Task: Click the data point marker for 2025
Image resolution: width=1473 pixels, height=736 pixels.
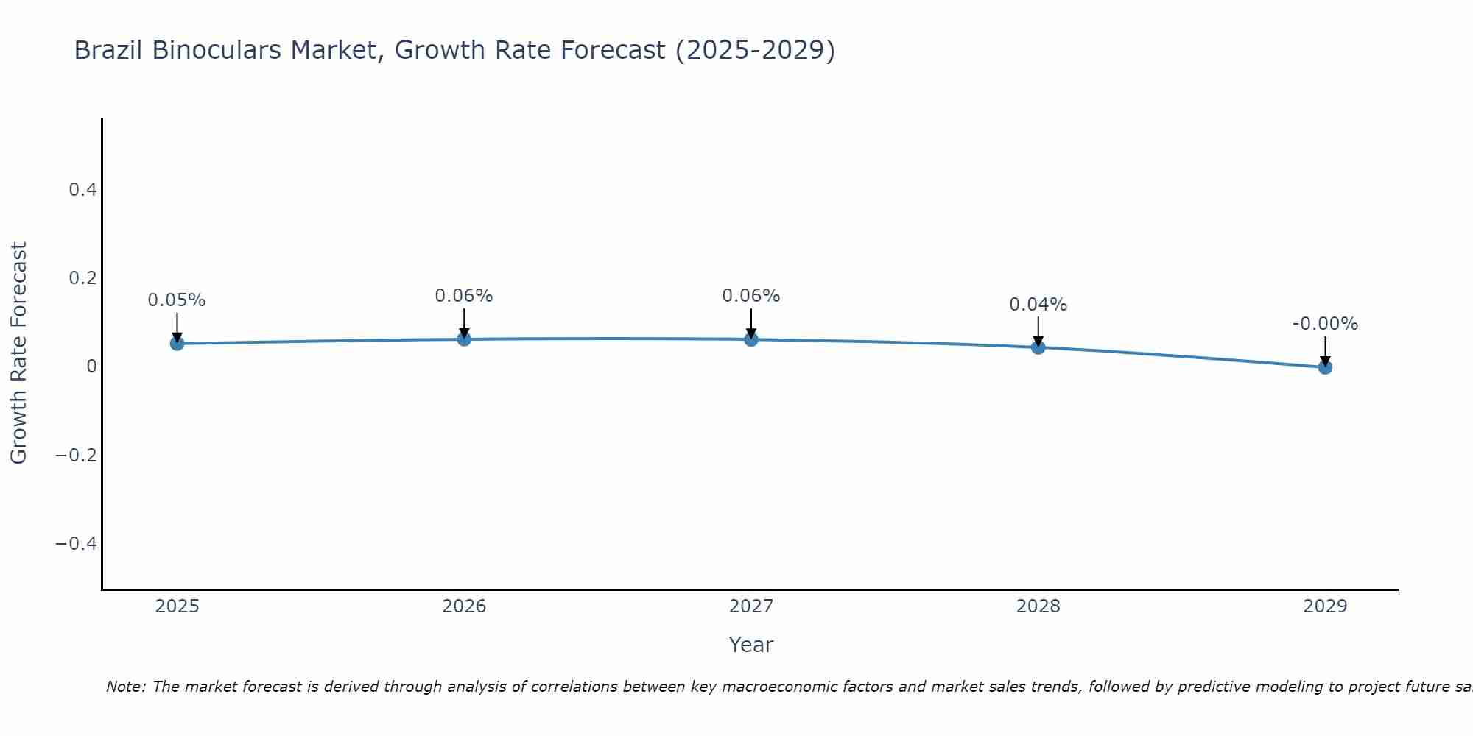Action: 177,343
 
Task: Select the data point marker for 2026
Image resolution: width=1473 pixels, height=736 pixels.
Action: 464,339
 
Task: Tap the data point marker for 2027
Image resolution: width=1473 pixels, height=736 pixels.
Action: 751,339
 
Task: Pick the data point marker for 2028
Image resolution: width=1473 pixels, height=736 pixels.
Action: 1038,347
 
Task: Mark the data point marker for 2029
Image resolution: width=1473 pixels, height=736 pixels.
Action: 1325,367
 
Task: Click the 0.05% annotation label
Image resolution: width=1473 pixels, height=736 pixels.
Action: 177,300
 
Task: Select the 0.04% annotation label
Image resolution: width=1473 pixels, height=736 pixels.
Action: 1038,305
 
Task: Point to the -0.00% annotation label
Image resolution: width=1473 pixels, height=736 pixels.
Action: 1325,324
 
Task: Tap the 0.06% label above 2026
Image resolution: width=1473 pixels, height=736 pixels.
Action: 463,296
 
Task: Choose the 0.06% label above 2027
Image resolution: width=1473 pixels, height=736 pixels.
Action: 750,296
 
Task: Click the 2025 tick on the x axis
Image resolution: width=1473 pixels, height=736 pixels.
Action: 177,606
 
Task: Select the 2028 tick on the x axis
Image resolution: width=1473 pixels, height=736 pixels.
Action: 1038,606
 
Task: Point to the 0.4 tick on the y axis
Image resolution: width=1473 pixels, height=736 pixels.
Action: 82,190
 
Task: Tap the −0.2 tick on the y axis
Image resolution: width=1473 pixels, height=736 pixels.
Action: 76,455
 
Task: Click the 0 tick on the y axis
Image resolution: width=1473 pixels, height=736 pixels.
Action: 91,367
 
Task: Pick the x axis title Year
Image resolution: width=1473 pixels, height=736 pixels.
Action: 750,645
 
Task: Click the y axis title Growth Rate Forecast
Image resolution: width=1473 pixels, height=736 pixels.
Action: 18,353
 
